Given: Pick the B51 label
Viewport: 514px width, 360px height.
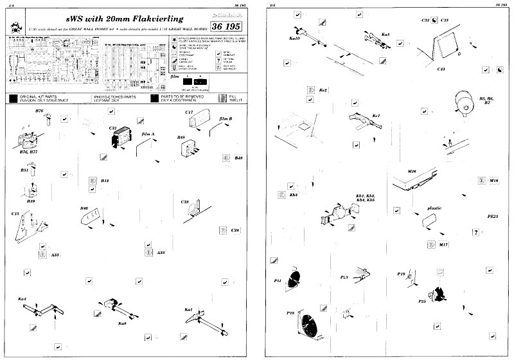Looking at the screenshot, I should (x=24, y=170).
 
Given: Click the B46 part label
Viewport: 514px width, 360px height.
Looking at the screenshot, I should (x=84, y=209).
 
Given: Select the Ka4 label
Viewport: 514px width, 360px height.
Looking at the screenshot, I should (x=22, y=300).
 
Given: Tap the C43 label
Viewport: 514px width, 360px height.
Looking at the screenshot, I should (x=441, y=69).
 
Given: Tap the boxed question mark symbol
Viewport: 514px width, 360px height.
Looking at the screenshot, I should (x=475, y=231).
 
